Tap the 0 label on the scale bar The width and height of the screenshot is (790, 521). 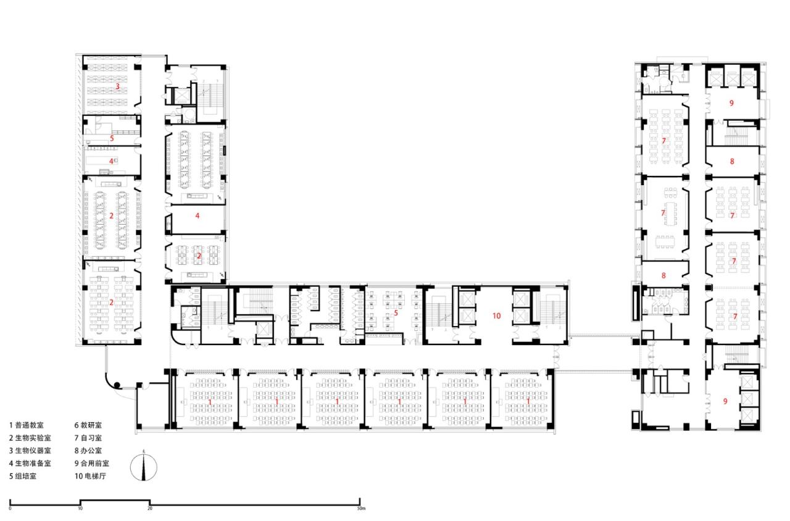coord(10,508)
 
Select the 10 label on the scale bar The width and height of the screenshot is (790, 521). coord(80,508)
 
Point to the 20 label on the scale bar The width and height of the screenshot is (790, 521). coord(150,508)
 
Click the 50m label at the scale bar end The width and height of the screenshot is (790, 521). coord(361,508)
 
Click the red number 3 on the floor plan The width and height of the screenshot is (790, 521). coord(117,86)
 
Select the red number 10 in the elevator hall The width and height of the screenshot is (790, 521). coord(496,315)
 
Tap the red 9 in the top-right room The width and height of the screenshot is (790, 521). coord(731,103)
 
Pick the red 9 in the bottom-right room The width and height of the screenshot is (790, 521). coord(725,401)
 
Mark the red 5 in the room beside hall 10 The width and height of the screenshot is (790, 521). coord(394,312)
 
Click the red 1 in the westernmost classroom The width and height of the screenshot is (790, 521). coord(210,402)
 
